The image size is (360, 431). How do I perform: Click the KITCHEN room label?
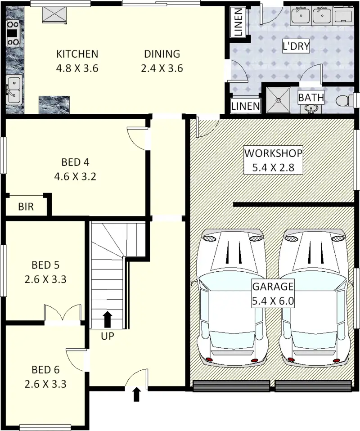coord(77,54)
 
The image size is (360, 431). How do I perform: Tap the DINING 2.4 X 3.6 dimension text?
coord(162,68)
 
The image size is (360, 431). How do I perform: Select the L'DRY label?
coord(296,46)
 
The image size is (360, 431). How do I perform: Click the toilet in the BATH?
coord(344,100)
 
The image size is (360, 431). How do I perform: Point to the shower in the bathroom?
coord(278,100)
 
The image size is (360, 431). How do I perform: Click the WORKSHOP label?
coord(273,153)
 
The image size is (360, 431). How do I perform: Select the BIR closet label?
coord(26,207)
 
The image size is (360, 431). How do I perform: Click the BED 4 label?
coord(75,162)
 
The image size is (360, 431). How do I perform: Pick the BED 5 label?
coord(45,265)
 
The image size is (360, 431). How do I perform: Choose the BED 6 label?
coord(45,370)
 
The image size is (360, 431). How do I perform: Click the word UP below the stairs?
coord(107,336)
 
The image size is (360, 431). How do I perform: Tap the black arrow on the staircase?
coord(108,319)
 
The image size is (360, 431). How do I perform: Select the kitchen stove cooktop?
coord(13,33)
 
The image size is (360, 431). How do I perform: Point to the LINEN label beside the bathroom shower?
coord(245,106)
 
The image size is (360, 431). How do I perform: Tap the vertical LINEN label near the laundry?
coord(238,22)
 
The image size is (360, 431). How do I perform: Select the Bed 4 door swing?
coord(136,138)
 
